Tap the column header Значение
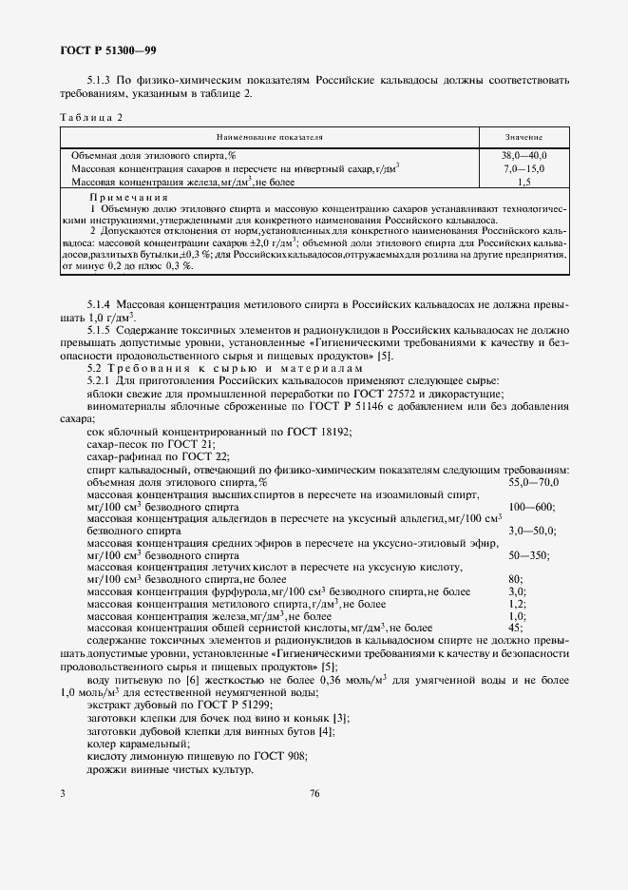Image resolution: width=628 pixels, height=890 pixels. pyautogui.click(x=523, y=137)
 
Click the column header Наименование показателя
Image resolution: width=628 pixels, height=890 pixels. pyautogui.click(x=271, y=137)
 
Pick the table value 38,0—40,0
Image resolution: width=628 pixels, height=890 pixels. pyautogui.click(x=523, y=154)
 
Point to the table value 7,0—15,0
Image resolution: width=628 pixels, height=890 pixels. pyautogui.click(x=523, y=166)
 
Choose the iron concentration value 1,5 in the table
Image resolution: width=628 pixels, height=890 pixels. pyautogui.click(x=523, y=180)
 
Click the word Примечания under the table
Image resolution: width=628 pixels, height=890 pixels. pyautogui.click(x=122, y=197)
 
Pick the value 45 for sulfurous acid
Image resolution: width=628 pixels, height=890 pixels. pyautogui.click(x=515, y=628)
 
